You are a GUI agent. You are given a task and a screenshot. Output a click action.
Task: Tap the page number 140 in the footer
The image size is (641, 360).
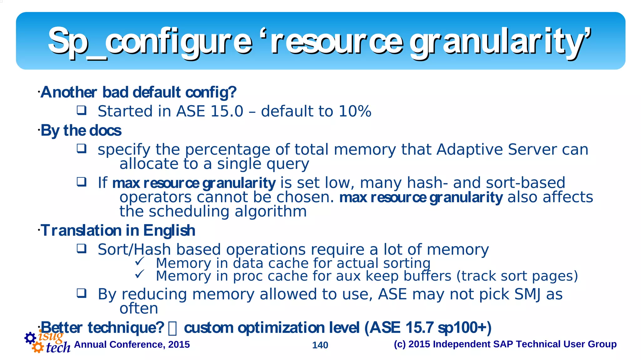point(320,345)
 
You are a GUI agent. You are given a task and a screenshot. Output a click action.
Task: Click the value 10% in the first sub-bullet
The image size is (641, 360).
point(355,111)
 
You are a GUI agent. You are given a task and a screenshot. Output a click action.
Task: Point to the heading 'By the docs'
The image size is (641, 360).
point(81,131)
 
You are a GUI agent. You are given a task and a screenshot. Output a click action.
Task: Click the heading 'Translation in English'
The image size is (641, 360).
point(118,231)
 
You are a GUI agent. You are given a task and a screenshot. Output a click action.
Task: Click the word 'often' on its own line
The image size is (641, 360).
point(139,309)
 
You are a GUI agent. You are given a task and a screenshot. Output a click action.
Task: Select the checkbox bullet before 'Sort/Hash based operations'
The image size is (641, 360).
point(82,249)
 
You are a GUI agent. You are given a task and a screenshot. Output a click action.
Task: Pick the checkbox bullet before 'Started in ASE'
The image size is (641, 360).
point(82,110)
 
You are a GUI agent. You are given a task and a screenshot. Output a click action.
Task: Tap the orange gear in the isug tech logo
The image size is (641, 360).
point(38,347)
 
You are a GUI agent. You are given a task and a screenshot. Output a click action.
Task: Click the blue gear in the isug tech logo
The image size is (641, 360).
point(30,338)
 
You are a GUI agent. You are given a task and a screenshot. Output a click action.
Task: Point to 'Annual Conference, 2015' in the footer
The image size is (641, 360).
point(132,344)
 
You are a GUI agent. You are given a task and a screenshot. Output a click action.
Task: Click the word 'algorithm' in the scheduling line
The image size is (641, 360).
point(270,212)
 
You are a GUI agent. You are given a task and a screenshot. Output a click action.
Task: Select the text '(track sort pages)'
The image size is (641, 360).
point(517,276)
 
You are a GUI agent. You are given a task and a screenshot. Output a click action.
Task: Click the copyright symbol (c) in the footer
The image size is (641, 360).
point(400,344)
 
